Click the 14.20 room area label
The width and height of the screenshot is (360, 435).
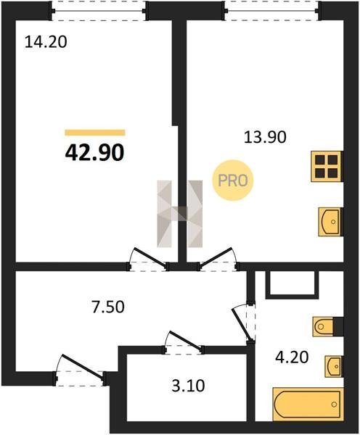46,43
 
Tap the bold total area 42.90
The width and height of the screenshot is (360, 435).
94,153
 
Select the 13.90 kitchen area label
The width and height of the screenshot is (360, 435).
265,137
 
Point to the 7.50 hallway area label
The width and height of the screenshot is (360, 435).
108,307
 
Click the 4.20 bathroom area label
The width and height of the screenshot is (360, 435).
292,357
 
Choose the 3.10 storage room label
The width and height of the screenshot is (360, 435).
188,386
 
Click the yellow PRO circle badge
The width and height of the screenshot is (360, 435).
233,181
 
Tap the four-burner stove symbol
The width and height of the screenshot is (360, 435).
327,167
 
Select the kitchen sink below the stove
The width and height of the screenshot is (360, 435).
330,222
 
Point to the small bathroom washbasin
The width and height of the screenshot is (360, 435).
334,366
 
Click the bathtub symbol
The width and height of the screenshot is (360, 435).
308,405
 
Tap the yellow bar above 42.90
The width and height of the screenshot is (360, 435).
95,133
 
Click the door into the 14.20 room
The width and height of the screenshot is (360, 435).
148,259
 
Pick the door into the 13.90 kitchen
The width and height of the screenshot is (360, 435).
218,259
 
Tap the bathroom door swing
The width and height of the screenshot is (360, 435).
244,323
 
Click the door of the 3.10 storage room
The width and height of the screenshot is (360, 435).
184,342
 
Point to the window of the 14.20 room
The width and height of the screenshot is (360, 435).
99,11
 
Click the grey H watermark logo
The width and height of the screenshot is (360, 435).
180,214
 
